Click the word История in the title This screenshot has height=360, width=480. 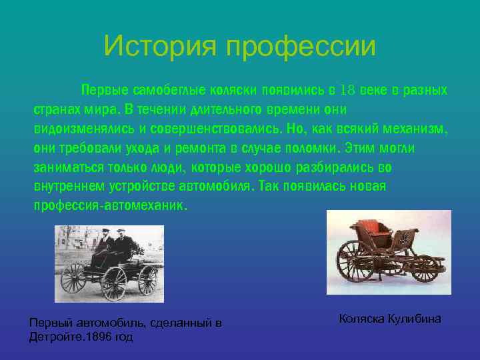tap(160, 47)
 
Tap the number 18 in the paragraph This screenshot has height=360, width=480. tap(348, 90)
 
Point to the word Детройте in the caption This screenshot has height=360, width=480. tap(53, 337)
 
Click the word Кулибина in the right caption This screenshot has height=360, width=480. tap(415, 319)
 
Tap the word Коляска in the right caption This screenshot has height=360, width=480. tap(362, 319)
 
